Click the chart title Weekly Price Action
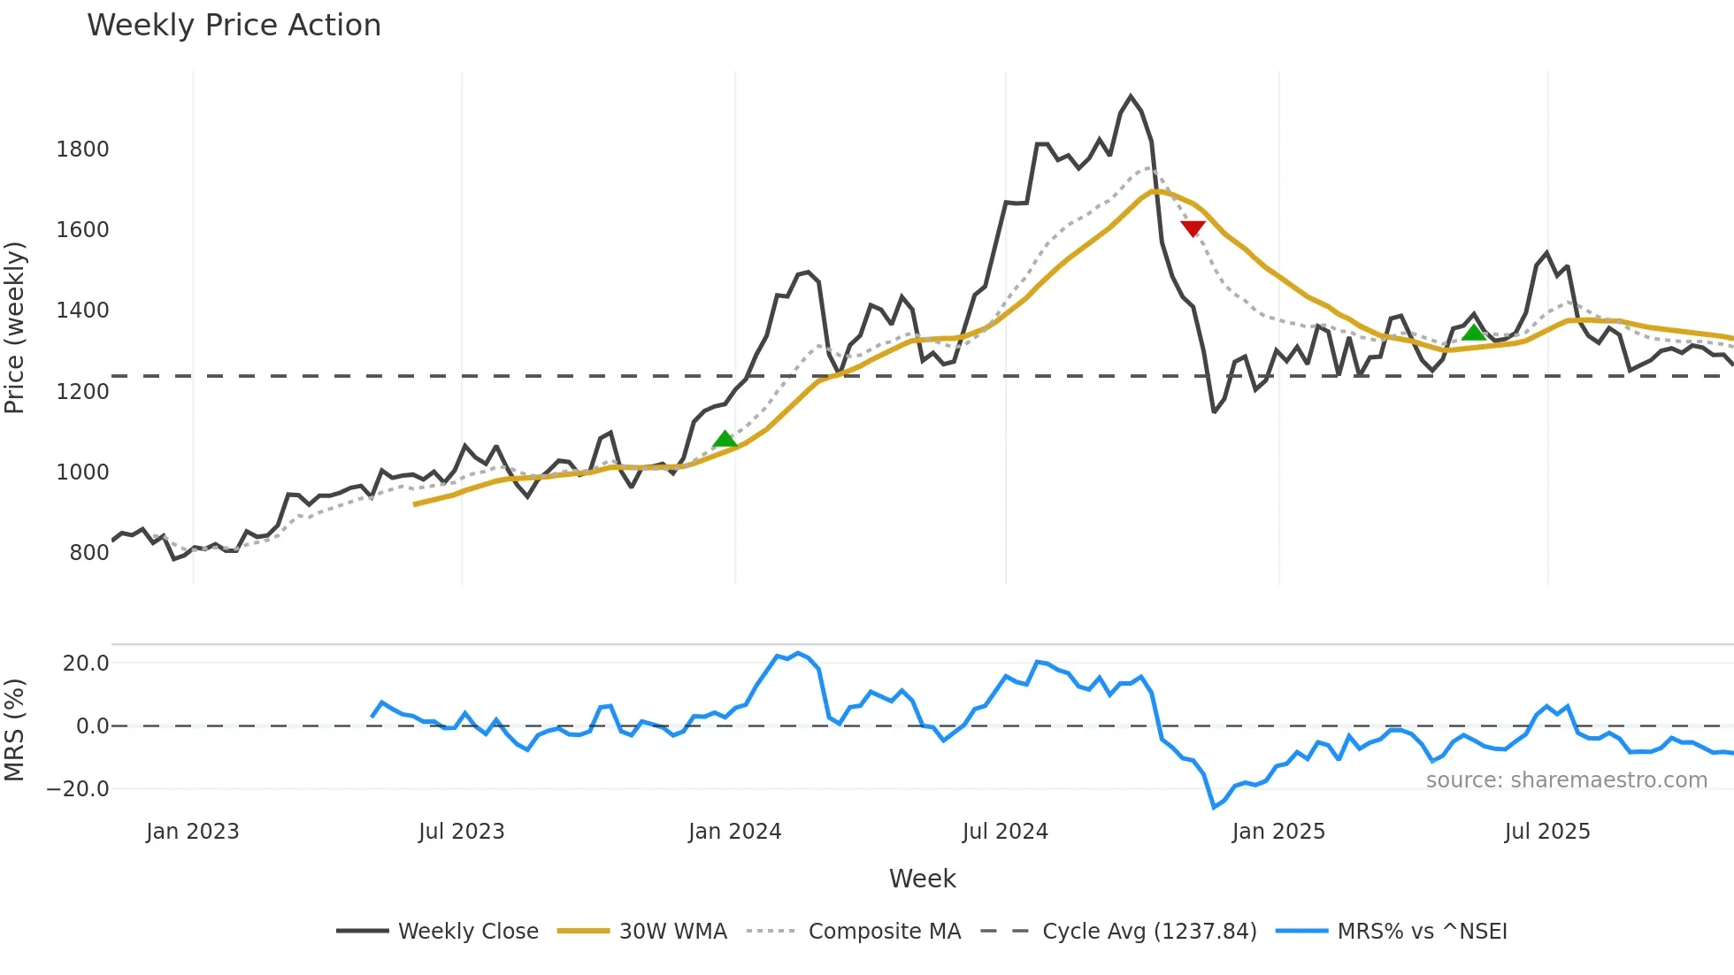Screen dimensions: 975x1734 234,26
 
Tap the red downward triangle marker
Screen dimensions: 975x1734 1193,228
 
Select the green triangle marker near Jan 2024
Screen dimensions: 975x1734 725,439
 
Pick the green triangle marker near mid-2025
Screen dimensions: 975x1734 1473,332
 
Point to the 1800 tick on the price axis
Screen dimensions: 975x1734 82,149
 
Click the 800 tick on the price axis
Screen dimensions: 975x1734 88,553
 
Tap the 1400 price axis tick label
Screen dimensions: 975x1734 82,311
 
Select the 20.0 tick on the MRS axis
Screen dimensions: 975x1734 86,664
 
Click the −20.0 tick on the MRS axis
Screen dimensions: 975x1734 78,788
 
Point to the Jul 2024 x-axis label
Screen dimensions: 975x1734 1005,832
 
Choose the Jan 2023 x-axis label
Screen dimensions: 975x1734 193,832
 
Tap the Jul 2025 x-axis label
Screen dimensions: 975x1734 1547,832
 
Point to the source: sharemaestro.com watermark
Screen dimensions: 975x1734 1566,780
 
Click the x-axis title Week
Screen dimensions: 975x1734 922,879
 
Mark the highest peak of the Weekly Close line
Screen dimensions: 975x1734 1131,96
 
